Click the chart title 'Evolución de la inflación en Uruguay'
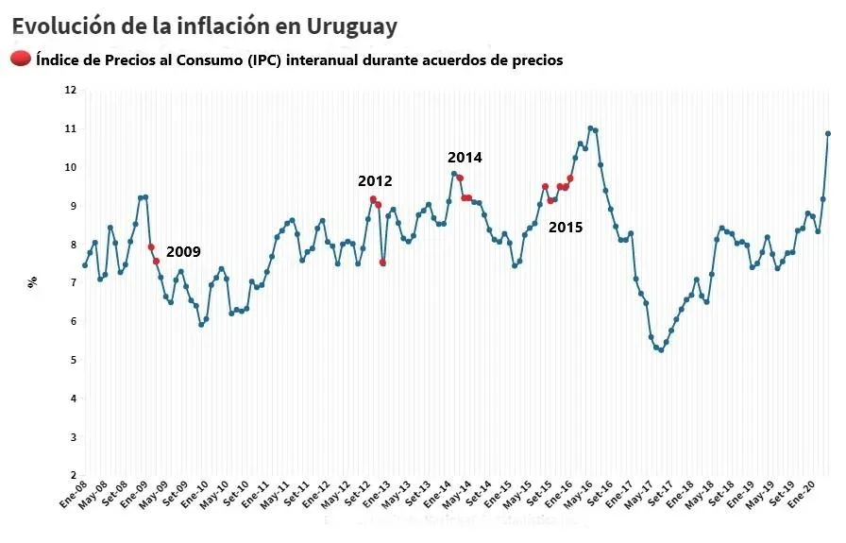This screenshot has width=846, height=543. [x=204, y=25]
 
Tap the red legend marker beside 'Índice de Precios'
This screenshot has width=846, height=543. [x=21, y=59]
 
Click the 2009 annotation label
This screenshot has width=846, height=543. [x=183, y=252]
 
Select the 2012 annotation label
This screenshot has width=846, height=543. [x=374, y=181]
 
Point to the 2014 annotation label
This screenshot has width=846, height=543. [x=465, y=158]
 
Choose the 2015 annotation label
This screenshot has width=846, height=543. [x=566, y=228]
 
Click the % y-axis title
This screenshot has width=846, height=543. [x=32, y=280]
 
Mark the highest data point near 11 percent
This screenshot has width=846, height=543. [x=590, y=128]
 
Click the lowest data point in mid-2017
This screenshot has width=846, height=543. [x=661, y=350]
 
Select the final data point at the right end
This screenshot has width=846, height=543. [x=828, y=133]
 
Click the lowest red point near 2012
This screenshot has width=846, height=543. [x=382, y=263]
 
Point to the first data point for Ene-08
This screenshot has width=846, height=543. [x=85, y=265]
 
